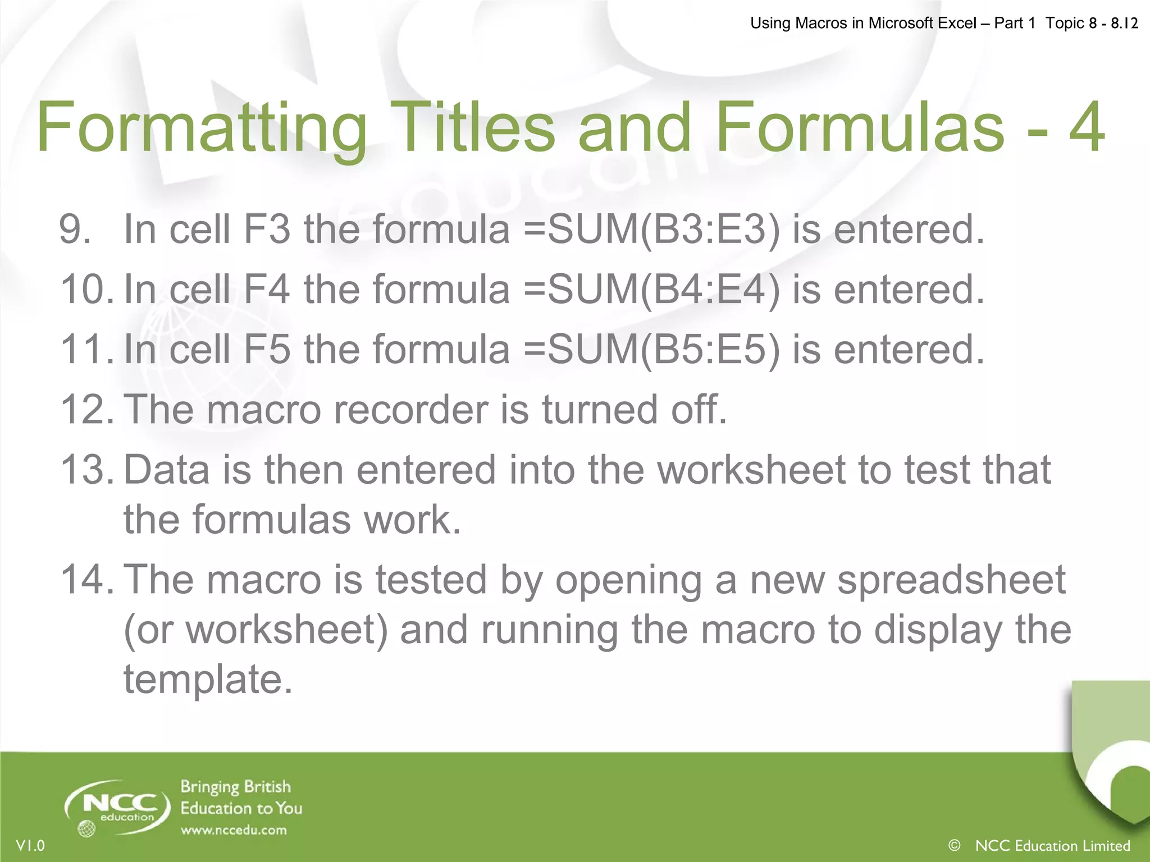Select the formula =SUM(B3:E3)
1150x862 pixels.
(652, 230)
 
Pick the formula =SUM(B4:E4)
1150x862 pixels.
(652, 290)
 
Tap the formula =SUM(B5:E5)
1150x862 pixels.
(652, 350)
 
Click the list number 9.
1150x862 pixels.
(75, 230)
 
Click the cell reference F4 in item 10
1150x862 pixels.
(267, 290)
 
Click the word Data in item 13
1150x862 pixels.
(166, 470)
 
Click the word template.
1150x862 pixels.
(208, 680)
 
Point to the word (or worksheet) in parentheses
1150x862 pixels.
(255, 630)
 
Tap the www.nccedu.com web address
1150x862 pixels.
(234, 830)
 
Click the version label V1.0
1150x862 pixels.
(31, 846)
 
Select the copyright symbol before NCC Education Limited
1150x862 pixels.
(954, 845)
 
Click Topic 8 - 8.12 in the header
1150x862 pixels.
(1092, 23)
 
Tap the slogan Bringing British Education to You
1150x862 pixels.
(240, 797)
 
